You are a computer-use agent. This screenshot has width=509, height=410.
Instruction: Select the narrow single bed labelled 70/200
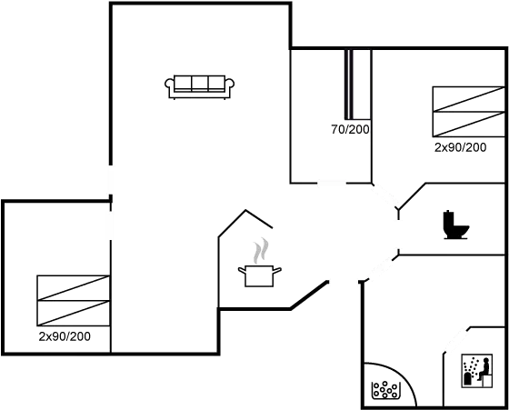(357, 85)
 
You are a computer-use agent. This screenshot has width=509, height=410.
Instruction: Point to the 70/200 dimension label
(352, 131)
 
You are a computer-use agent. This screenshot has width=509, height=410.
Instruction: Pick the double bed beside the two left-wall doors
(73, 300)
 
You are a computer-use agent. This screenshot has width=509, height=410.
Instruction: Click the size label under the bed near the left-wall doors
(66, 336)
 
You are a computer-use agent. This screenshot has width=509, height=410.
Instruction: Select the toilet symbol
(454, 225)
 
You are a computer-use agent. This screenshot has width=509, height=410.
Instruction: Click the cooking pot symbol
(260, 275)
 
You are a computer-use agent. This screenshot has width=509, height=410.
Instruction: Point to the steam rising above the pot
(262, 249)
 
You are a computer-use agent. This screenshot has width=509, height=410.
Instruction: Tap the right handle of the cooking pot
(277, 269)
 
